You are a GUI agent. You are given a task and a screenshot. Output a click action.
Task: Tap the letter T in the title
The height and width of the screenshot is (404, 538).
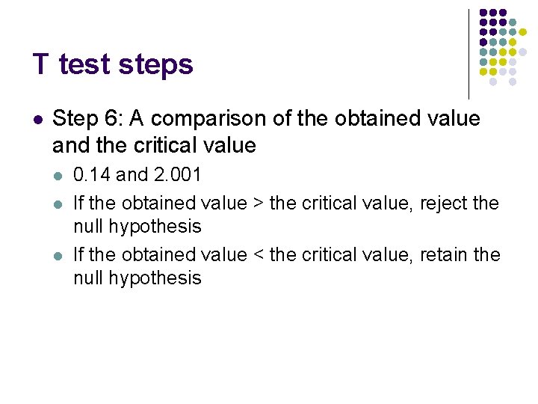click(40, 64)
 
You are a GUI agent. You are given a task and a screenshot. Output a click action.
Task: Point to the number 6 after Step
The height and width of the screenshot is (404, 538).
click(113, 118)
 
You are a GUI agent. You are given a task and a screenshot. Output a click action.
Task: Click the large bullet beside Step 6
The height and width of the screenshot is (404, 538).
click(37, 119)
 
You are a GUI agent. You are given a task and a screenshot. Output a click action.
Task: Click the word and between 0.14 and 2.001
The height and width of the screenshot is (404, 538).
click(132, 175)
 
